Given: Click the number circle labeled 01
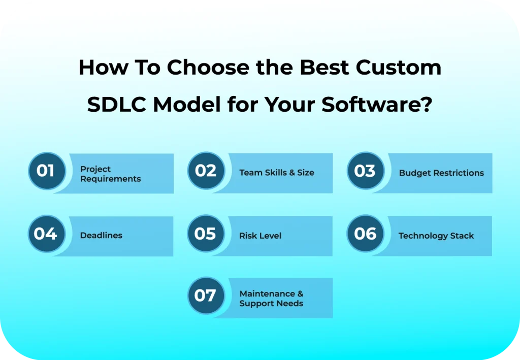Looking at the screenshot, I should tap(46, 171).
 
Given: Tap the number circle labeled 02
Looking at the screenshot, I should tap(206, 171).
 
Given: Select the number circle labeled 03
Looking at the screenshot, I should tap(365, 171).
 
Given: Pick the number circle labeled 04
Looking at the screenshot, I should tap(46, 234).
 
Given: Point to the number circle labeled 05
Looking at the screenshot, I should tap(206, 234).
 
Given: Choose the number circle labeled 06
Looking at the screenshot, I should tap(365, 234).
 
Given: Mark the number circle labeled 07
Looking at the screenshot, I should tap(206, 296).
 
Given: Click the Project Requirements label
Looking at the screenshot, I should tap(110, 174).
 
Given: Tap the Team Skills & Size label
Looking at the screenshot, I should tap(277, 173).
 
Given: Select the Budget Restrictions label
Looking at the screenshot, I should tap(441, 173).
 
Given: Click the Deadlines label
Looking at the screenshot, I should tap(101, 236).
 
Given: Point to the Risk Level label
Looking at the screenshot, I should tap(260, 236).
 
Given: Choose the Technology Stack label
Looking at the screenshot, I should tap(436, 236).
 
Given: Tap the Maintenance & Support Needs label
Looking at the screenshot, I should tap(271, 299).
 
